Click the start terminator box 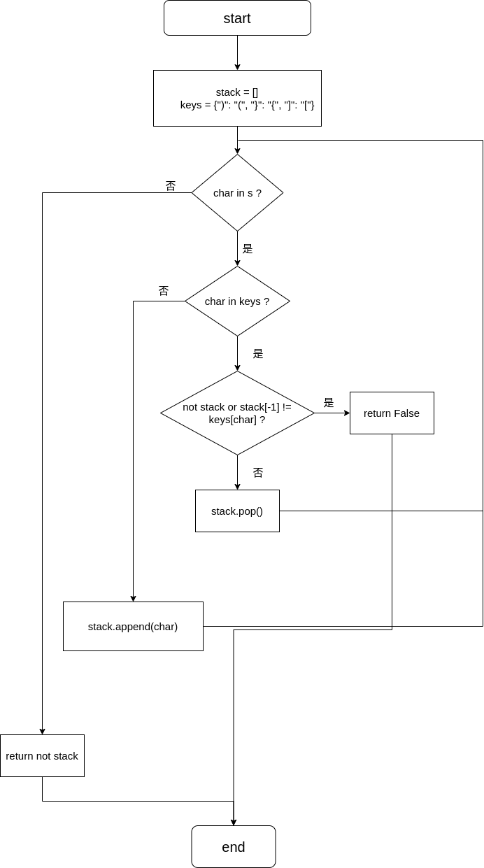pos(237,17)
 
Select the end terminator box pos(234,847)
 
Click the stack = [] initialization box pos(237,98)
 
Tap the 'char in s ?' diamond pos(237,192)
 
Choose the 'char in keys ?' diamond pos(237,301)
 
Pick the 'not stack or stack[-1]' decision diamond pos(237,413)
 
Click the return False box pos(392,413)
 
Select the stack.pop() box pos(237,511)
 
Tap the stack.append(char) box pos(133,626)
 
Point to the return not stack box pos(42,755)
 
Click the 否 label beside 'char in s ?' pos(171,186)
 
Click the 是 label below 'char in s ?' pos(248,249)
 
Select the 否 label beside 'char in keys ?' pos(164,291)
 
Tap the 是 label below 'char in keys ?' pos(258,353)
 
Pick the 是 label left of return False pos(329,403)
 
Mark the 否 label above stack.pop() pos(258,472)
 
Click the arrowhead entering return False pos(347,413)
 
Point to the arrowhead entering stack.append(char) pos(133,599)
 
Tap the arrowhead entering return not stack pos(42,732)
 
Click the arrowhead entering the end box pos(234,823)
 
